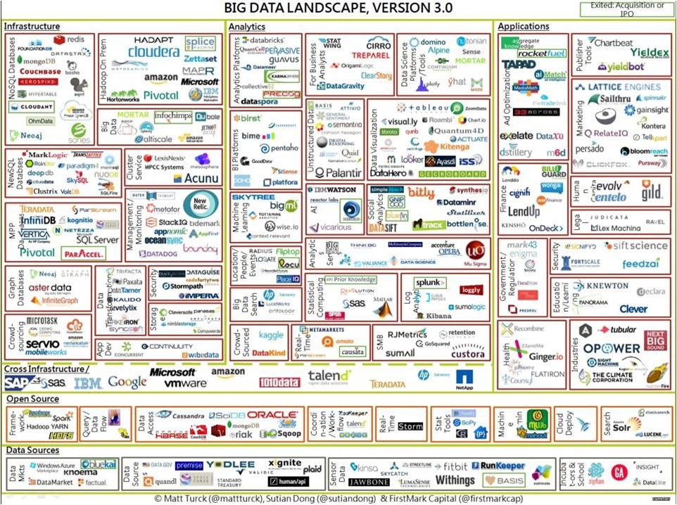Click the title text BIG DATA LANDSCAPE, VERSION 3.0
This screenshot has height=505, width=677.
pyautogui.click(x=338, y=8)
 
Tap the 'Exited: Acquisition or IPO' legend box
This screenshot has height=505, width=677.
pyautogui.click(x=624, y=9)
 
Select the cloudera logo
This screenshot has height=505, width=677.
pyautogui.click(x=154, y=52)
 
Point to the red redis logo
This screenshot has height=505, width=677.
pyautogui.click(x=70, y=39)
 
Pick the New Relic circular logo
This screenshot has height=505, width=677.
pyautogui.click(x=194, y=204)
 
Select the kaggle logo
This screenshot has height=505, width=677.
pyautogui.click(x=271, y=335)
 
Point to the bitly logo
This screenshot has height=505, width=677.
pyautogui.click(x=421, y=192)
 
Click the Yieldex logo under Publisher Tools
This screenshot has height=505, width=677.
pyautogui.click(x=649, y=53)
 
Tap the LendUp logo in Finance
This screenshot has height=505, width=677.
pyautogui.click(x=524, y=211)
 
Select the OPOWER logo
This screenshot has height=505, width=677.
pyautogui.click(x=610, y=348)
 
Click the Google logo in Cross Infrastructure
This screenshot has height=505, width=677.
pyautogui.click(x=127, y=383)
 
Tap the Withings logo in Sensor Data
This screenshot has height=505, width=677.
pyautogui.click(x=455, y=480)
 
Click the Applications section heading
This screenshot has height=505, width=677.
pyautogui.click(x=523, y=27)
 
